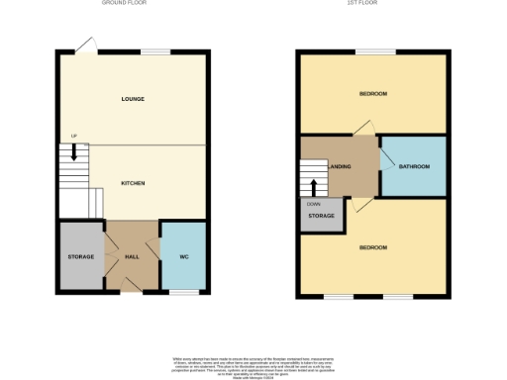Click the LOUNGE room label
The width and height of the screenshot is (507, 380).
[x=133, y=99]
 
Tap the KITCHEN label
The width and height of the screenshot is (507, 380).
[x=133, y=183]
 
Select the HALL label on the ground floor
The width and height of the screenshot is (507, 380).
[x=132, y=257]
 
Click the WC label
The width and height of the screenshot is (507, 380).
[x=184, y=257]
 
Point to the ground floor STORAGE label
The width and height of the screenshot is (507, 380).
[x=81, y=257]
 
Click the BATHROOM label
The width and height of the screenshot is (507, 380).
[x=414, y=166]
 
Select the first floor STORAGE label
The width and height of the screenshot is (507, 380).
[x=321, y=215]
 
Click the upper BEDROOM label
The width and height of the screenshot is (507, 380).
[x=372, y=94]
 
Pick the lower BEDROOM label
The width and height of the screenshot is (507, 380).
[x=372, y=246]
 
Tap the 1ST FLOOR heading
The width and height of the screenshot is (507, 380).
[x=372, y=4]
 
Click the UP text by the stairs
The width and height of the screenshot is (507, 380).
[x=73, y=137]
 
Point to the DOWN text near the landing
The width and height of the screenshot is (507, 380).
[x=313, y=204]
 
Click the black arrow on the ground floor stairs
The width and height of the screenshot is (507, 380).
[x=72, y=154]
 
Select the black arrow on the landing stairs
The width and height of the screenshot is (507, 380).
[x=314, y=184]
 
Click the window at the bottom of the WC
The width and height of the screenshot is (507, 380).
[x=183, y=292]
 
